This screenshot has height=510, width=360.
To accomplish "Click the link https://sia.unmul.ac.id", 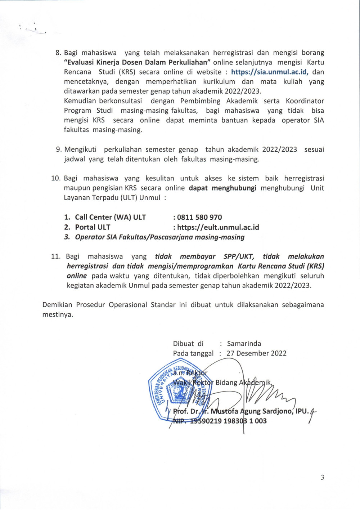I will pos(270,72).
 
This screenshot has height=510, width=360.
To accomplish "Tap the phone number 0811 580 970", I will pos(199,217).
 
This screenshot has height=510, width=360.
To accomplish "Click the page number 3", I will pos(322,478).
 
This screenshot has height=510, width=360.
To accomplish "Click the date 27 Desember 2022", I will pos(256,353).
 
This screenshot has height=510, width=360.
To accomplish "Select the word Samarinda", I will pos(244,344).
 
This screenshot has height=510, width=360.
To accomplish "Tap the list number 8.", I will pos(58,53).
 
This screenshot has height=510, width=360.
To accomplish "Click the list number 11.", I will pos(55,256).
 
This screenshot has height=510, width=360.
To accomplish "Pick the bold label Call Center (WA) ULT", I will pos(111,217).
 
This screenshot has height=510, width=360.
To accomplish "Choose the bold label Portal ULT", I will pos(93,227).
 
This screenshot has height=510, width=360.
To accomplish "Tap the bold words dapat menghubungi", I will pos(222,188).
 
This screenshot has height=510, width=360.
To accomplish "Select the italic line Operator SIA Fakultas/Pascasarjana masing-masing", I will pos(159,237).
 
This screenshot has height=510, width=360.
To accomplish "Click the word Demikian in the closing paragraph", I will pos(57,305).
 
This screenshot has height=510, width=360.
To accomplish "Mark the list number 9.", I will pos(58,149).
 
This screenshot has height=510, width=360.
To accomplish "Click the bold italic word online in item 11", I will pos(77,276).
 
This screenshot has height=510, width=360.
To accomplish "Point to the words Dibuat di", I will pos(188,344).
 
